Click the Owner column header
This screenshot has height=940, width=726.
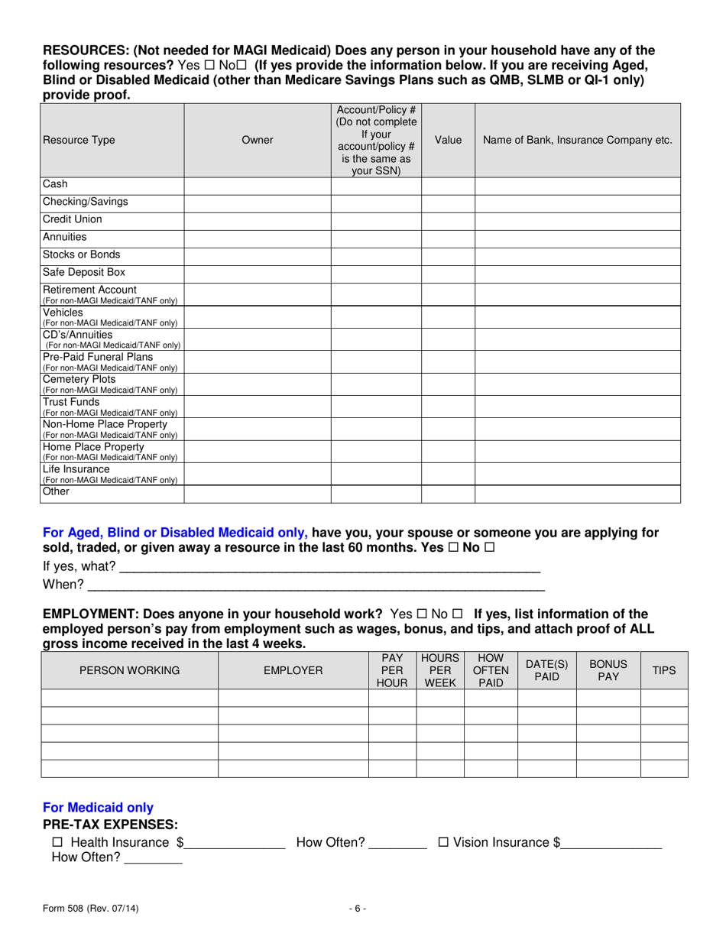[x=257, y=140]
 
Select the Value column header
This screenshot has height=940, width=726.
[x=448, y=140]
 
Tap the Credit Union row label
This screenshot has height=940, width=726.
[x=73, y=219]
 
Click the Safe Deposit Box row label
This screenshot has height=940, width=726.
[x=84, y=272]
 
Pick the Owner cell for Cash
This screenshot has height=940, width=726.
[x=257, y=185]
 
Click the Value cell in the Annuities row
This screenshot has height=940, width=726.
[x=448, y=238]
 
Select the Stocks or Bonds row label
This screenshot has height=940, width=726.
[x=82, y=254]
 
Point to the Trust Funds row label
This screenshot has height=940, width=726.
[x=72, y=402]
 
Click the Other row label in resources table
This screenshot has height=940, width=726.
[x=57, y=491]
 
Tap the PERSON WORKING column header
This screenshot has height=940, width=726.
[x=130, y=671]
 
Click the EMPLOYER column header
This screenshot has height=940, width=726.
[x=293, y=671]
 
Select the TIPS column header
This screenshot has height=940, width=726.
[x=664, y=670]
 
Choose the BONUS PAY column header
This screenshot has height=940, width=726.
[x=608, y=670]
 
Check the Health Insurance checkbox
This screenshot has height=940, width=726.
[x=57, y=843]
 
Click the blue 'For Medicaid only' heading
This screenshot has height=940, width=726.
[x=99, y=808]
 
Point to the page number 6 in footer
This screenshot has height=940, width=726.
[x=358, y=909]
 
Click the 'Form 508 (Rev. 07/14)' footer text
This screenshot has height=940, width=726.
[x=91, y=909]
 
